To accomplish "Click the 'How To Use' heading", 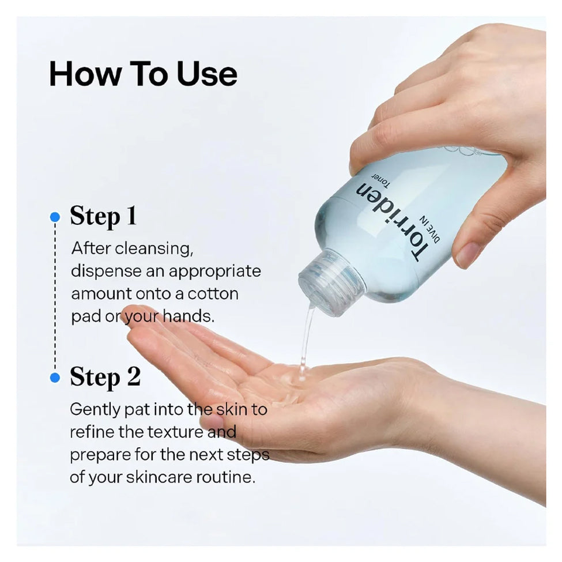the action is click(143, 74).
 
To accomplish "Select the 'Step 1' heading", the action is click(103, 217).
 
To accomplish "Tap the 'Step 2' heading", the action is click(105, 377).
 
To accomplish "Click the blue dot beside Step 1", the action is click(55, 217).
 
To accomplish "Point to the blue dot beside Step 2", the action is click(55, 378).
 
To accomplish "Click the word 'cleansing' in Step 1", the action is click(153, 249).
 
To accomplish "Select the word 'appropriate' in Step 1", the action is click(214, 272).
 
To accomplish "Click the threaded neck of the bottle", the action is click(331, 282).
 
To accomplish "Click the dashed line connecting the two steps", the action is click(55, 297).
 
